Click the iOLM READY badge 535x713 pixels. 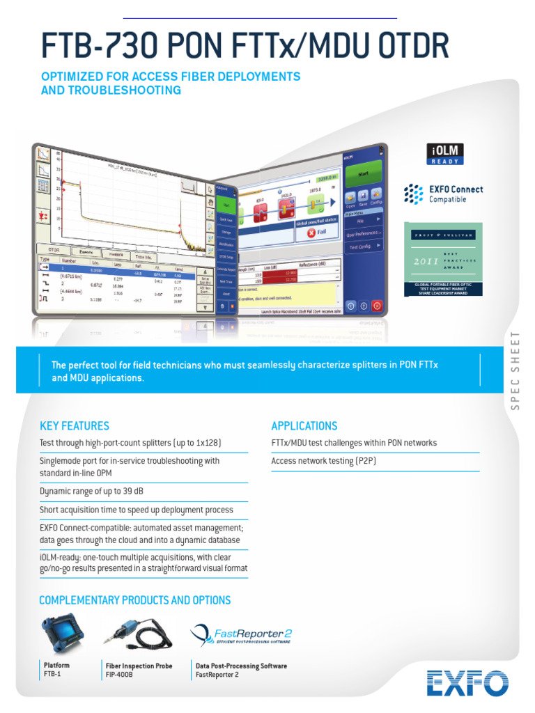pos(444,155)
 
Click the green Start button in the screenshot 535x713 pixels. pos(362,173)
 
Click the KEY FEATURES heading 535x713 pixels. pos(75,426)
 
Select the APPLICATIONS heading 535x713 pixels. pos(304,426)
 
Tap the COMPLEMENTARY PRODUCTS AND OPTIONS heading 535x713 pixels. pos(135,600)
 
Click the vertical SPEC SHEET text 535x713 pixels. pos(515,370)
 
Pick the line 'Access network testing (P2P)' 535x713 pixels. pos(323,461)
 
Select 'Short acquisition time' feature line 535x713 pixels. pos(136,510)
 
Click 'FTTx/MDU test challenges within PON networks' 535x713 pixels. pos(354,443)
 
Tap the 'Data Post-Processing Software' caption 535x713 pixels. pos(241,666)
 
